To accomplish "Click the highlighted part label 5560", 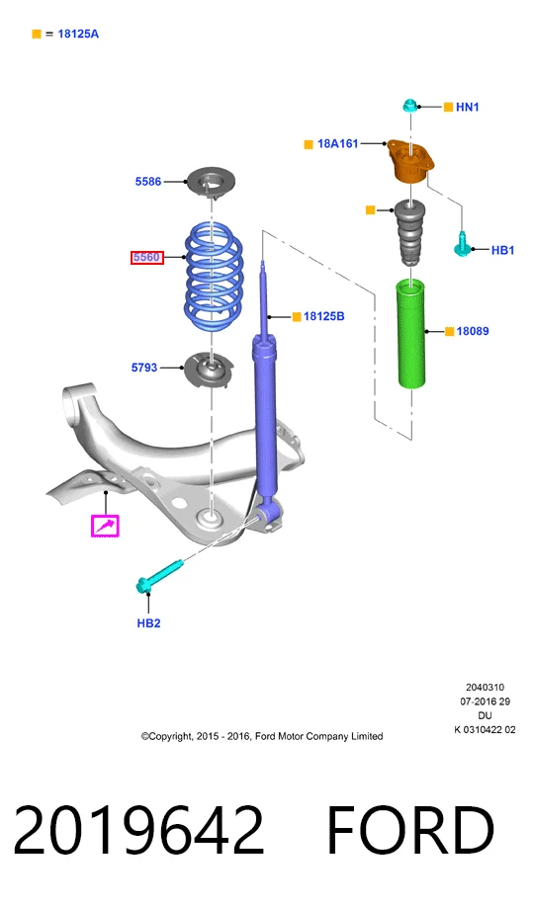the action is tap(147, 257).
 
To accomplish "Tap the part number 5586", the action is tap(148, 182).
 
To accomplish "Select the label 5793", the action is tap(144, 368).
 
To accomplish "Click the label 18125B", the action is tap(324, 316).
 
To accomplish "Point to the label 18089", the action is tap(473, 331).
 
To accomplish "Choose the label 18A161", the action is tap(338, 143).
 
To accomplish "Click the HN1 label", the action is tap(467, 107).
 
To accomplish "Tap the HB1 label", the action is tap(502, 250).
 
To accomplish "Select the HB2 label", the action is tap(148, 623).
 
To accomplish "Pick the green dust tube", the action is tap(412, 334).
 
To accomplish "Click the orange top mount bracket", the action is tap(409, 161).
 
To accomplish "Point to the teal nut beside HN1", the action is tap(410, 106).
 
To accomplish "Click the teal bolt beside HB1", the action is tap(462, 245).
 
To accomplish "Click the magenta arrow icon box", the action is tap(105, 526).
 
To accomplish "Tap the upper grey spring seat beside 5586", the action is tap(210, 183).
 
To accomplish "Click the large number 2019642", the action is tap(138, 830).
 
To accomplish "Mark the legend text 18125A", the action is tap(78, 35).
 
